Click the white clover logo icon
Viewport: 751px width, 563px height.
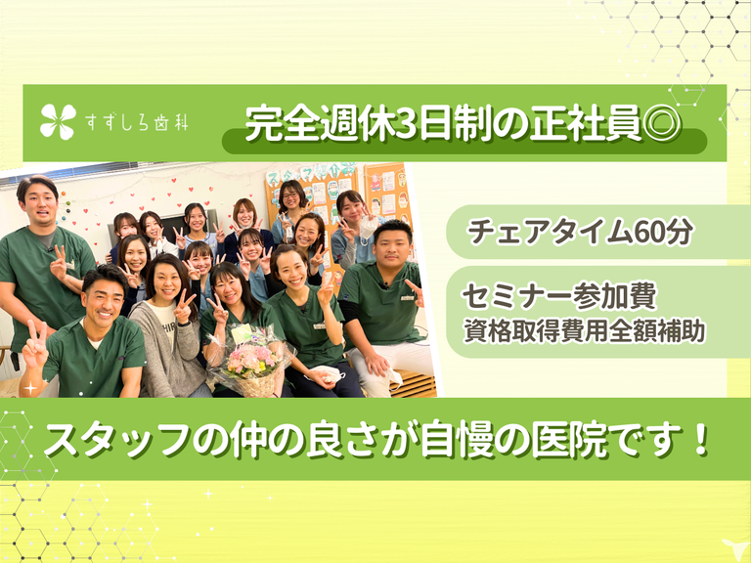click(58, 122)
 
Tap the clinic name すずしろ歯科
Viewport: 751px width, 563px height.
click(137, 123)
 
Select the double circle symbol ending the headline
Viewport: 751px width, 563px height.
click(662, 124)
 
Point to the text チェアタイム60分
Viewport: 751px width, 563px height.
click(580, 232)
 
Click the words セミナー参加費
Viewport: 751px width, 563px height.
click(559, 296)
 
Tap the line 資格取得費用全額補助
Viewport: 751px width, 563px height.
click(584, 331)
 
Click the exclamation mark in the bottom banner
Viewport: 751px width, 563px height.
click(701, 439)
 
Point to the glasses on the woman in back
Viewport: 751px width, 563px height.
click(290, 195)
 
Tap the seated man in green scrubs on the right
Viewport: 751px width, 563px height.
click(385, 309)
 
